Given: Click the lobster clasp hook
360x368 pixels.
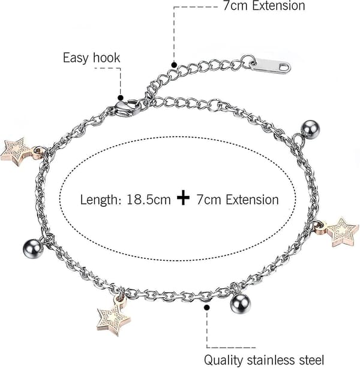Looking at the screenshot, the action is [128, 108].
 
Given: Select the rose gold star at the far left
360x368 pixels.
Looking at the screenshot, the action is [16, 152].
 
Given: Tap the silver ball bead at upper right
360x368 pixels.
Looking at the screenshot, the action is [310, 129].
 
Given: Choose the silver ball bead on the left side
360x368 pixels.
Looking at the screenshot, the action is [33, 249].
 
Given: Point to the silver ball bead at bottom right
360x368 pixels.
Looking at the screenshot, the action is [241, 303].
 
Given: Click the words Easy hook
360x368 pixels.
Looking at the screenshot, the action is [91, 58].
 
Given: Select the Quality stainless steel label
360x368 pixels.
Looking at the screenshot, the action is [264, 360].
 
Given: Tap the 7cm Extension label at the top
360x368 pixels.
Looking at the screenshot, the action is [264, 5].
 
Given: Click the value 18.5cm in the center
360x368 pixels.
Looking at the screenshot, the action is [149, 200].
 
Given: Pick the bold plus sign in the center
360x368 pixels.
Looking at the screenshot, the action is [183, 198].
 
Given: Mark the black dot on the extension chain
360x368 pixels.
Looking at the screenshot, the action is [174, 65].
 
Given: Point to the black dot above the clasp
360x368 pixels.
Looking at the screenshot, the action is [121, 98].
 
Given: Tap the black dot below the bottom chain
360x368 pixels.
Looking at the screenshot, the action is [207, 307].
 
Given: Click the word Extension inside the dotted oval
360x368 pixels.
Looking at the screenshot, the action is [252, 200].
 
